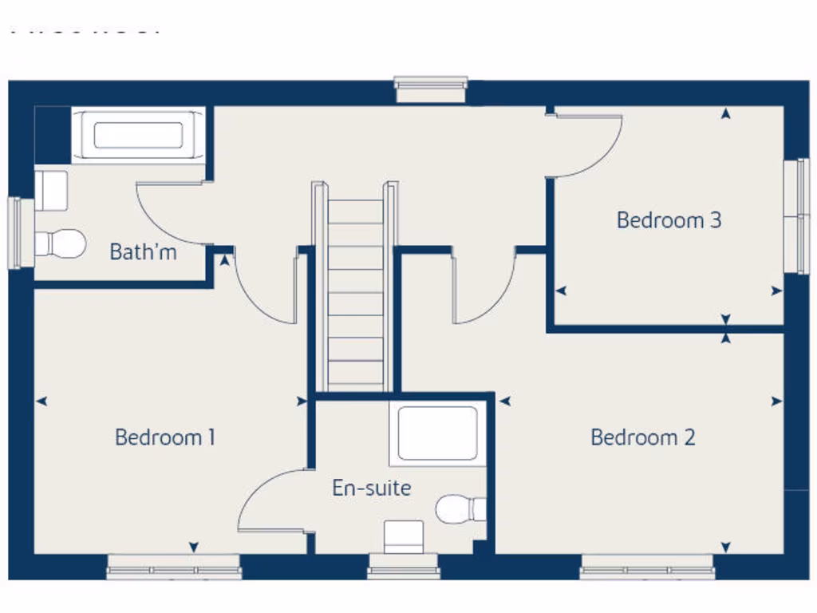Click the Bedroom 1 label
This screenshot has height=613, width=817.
165,437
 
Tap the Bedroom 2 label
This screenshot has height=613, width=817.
642,437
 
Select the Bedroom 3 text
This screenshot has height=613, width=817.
669,219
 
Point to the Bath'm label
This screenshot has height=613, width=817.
143,252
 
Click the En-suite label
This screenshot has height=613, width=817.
372,488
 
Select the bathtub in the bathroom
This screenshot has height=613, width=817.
138,135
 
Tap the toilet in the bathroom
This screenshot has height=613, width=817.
61,243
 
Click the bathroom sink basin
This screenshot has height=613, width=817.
51,190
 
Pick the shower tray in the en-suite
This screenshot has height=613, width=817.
437,434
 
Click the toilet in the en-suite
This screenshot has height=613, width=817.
461,508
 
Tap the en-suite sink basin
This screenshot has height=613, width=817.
404,536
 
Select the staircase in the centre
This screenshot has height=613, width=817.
356,291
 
